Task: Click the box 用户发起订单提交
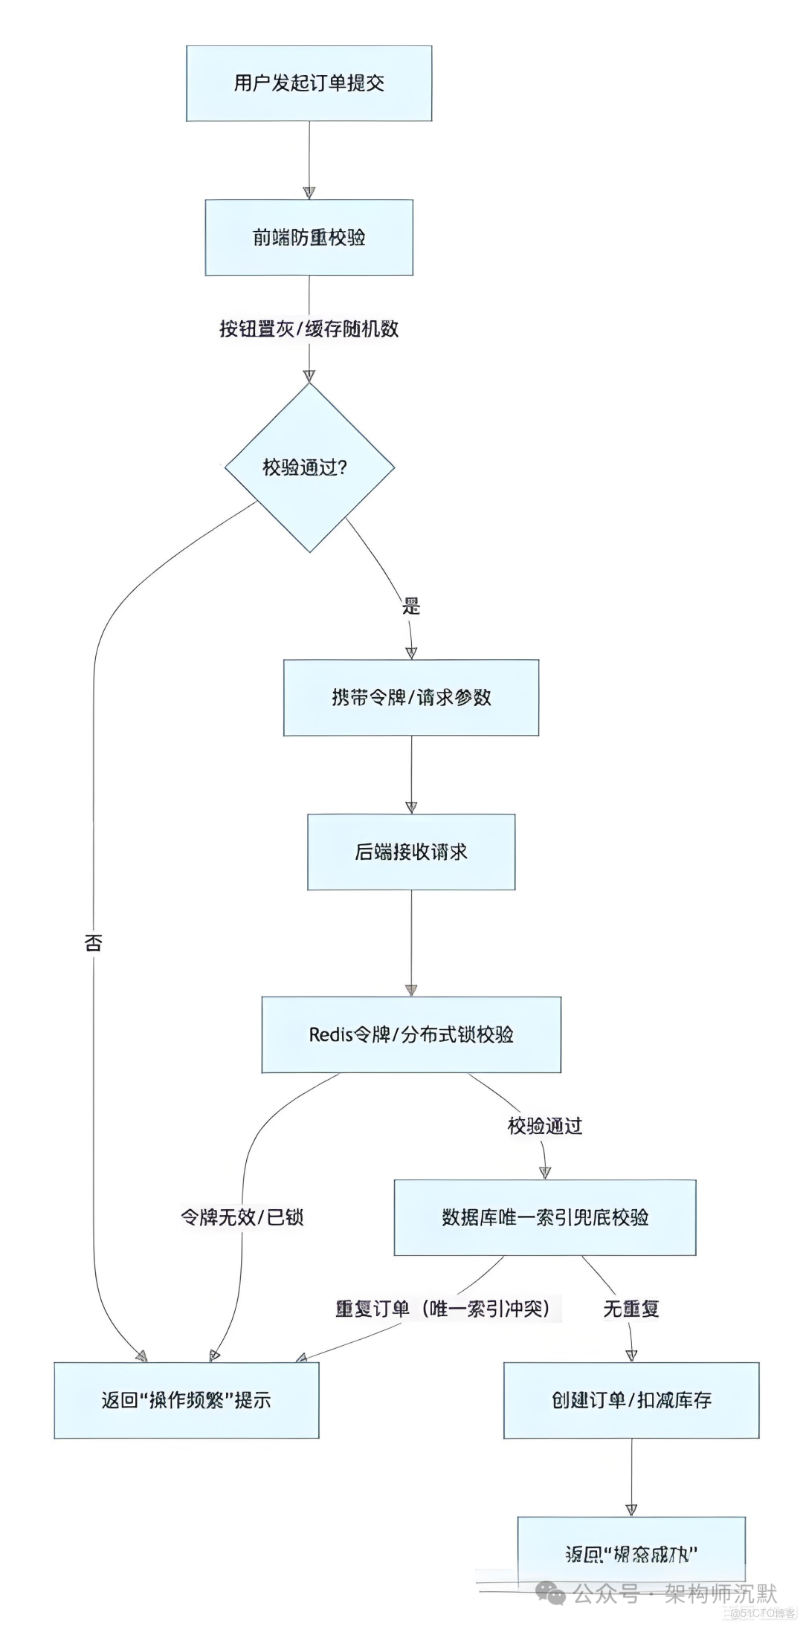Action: click(309, 83)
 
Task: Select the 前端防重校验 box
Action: click(309, 237)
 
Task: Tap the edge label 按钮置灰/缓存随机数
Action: click(309, 328)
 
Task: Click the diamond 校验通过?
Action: click(309, 467)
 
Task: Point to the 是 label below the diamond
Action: click(411, 606)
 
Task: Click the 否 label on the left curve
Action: click(93, 943)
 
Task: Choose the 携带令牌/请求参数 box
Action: click(410, 697)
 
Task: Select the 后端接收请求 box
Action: click(410, 852)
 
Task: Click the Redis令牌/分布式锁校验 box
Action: click(410, 1034)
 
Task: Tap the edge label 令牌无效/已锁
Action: click(242, 1217)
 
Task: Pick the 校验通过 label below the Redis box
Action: click(544, 1126)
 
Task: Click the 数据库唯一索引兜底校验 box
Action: click(544, 1217)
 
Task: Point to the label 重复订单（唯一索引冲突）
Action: click(443, 1309)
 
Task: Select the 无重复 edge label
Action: click(631, 1309)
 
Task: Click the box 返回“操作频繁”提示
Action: click(186, 1400)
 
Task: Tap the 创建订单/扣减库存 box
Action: click(631, 1400)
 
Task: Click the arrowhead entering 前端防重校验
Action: click(309, 192)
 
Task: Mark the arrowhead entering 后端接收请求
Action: click(411, 807)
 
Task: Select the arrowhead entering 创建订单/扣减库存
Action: click(631, 1355)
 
